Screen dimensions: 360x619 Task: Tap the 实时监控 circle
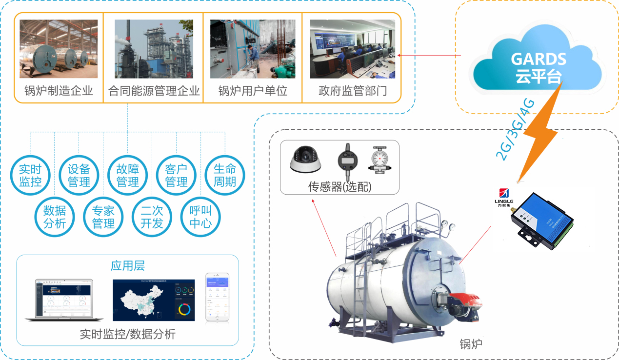pos(30,176)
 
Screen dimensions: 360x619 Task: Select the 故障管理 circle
pos(128,176)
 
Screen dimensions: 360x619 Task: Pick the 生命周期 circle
pos(225,176)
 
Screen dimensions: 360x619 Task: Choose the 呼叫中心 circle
pos(200,217)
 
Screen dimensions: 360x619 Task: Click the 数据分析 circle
pos(55,217)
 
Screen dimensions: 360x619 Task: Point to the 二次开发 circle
pos(152,217)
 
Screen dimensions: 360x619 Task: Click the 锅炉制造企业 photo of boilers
pos(59,49)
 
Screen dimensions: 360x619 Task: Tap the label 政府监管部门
pos(353,91)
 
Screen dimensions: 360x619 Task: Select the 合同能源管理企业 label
pos(154,91)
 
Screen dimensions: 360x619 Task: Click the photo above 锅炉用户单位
pos(253,49)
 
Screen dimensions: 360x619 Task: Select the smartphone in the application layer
pos(217,297)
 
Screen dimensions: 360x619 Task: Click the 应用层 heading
pos(128,266)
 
